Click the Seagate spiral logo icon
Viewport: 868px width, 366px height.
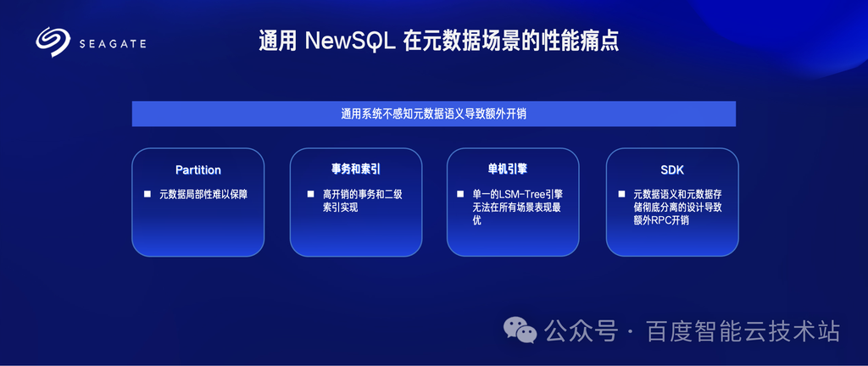53,42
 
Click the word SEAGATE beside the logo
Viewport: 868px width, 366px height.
113,44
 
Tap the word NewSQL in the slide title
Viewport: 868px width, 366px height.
350,42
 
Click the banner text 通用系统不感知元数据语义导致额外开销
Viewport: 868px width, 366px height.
433,114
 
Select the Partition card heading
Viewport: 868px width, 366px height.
198,169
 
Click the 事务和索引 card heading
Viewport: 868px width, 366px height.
356,169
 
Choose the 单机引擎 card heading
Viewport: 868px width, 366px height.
513,169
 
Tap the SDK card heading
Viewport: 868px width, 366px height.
672,170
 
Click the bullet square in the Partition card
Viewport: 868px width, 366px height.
147,194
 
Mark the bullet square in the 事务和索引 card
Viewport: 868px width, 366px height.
310,194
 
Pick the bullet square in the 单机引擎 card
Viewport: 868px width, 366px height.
460,194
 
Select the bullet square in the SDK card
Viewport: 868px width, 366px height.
621,194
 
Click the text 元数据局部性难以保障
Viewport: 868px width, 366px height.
203,195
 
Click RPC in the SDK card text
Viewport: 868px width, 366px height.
665,220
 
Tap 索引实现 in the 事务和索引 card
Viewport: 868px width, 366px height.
341,208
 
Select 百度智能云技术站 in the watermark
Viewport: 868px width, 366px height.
743,332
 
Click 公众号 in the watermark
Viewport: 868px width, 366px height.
581,332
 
